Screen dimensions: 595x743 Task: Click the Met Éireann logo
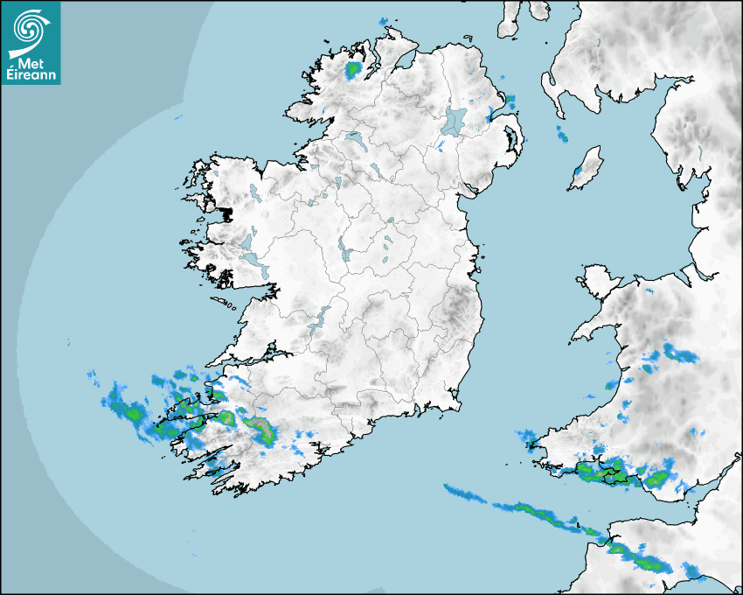click(x=31, y=43)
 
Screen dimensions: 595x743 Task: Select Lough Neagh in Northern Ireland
click(x=455, y=121)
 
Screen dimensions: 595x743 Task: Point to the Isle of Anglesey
click(x=598, y=279)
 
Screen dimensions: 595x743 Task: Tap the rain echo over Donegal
click(x=353, y=69)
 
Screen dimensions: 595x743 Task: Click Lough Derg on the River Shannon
click(x=323, y=316)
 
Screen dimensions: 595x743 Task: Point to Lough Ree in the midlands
click(x=344, y=250)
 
